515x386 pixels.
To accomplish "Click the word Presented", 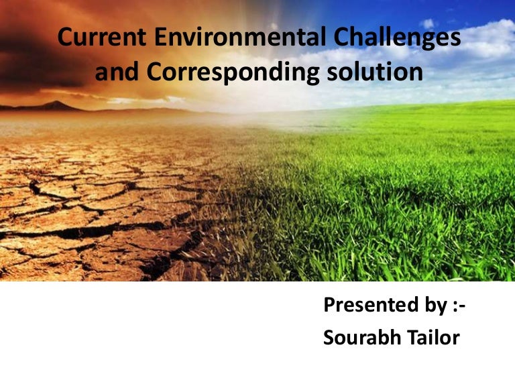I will pos(365,306).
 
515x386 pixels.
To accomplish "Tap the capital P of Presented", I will pos(329,306).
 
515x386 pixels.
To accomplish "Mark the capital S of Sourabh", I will pos(329,338).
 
